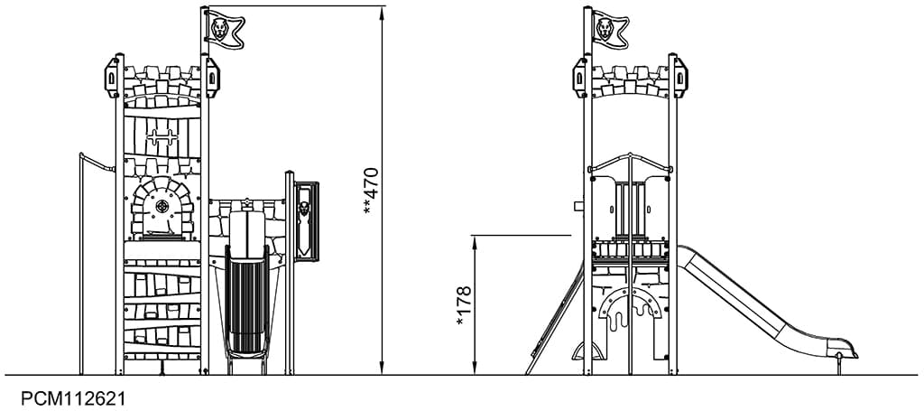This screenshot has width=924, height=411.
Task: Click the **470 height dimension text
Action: (369, 191)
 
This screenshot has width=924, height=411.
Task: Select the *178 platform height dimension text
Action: (463, 304)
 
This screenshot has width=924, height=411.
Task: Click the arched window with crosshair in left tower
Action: (162, 209)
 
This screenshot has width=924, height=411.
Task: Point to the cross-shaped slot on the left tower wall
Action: (162, 137)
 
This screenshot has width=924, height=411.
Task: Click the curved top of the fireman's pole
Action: (96, 160)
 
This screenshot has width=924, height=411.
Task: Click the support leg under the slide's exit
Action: (841, 365)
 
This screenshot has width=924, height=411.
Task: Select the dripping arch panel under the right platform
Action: (630, 307)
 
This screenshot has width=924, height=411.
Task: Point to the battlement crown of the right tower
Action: (630, 78)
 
